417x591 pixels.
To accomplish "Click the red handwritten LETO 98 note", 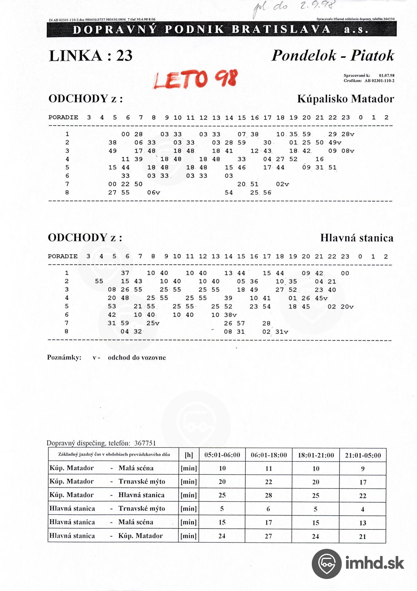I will pyautogui.click(x=196, y=79).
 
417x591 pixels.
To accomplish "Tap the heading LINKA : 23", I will pyautogui.click(x=91, y=56).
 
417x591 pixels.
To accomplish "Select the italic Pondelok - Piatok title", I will pyautogui.click(x=332, y=56).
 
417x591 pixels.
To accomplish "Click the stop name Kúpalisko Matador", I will pyautogui.click(x=345, y=99).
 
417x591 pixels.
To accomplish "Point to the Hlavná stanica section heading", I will pyautogui.click(x=357, y=238).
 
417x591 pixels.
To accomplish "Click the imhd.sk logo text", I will pyautogui.click(x=374, y=563).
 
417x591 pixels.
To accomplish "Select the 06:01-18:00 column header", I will pyautogui.click(x=269, y=455).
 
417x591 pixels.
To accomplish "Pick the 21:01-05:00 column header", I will pyautogui.click(x=363, y=455).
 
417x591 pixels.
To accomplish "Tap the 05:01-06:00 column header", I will pyautogui.click(x=222, y=455).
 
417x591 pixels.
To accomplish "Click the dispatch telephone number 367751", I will pyautogui.click(x=145, y=443).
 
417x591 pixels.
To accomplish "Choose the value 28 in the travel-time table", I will pyautogui.click(x=268, y=495).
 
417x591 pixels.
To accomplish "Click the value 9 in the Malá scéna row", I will pyautogui.click(x=363, y=468).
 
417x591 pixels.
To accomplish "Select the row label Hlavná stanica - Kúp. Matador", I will pyautogui.click(x=106, y=536).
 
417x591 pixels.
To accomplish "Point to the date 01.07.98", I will pyautogui.click(x=387, y=75).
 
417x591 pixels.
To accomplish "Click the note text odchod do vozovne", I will pyautogui.click(x=137, y=358).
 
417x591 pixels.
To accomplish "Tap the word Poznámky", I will pyautogui.click(x=64, y=358).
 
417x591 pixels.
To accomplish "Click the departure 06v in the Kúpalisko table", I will pyautogui.click(x=153, y=193).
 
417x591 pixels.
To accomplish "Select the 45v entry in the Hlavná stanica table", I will pyautogui.click(x=321, y=298).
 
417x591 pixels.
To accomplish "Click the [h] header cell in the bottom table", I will pyautogui.click(x=189, y=455).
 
